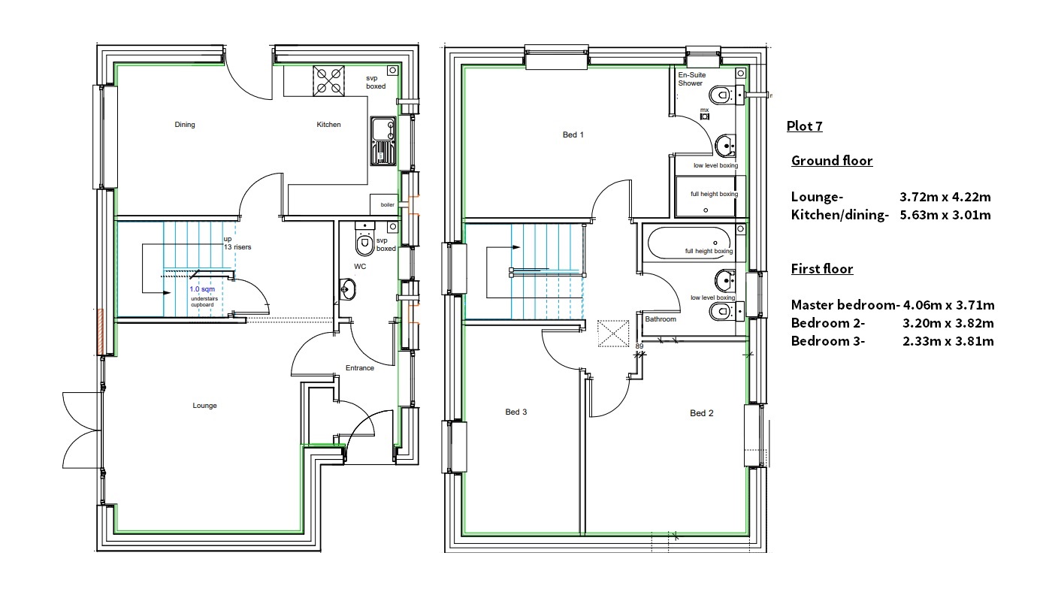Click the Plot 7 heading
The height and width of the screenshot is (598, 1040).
click(x=804, y=125)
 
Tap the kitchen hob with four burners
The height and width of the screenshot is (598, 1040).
click(x=328, y=81)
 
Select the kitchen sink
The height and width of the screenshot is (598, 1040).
click(x=383, y=141)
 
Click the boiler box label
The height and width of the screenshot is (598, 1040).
click(x=387, y=205)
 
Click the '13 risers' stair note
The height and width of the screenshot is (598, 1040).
click(x=237, y=247)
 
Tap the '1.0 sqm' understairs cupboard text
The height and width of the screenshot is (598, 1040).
click(x=202, y=288)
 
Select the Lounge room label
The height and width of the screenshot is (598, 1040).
click(x=204, y=406)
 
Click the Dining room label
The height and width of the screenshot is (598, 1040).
click(x=185, y=125)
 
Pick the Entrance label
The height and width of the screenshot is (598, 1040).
click(x=360, y=367)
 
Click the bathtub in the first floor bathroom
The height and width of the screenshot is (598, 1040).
click(x=689, y=243)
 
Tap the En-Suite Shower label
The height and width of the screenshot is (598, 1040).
click(x=691, y=79)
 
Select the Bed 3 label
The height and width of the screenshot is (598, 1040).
click(x=515, y=412)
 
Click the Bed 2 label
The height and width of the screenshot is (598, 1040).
click(x=702, y=412)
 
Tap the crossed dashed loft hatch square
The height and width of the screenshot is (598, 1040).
click(x=613, y=334)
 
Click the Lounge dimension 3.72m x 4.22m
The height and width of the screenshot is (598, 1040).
click(x=945, y=197)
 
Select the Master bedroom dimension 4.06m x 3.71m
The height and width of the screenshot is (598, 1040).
click(x=948, y=305)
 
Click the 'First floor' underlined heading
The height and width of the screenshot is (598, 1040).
click(x=822, y=269)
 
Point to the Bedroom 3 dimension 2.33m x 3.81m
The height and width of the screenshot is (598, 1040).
click(x=948, y=341)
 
